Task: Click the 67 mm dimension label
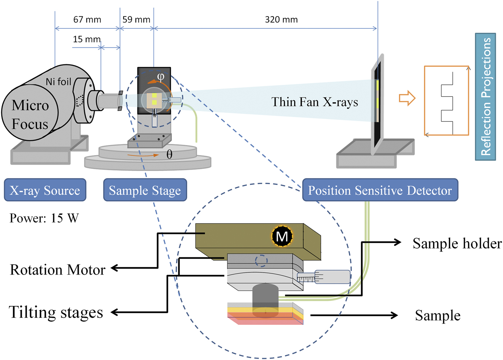click(87, 20)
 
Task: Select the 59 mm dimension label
click(136, 20)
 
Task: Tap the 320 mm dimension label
click(281, 20)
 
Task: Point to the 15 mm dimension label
click(87, 39)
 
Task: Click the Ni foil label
click(59, 82)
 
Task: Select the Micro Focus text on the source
click(30, 115)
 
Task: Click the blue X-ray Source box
click(45, 190)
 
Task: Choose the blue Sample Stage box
click(145, 190)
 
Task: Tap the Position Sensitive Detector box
click(380, 190)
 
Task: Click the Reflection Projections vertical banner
click(485, 96)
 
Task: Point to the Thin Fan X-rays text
click(314, 102)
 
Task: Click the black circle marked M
click(282, 236)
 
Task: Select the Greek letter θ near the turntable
click(169, 155)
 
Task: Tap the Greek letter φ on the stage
click(161, 76)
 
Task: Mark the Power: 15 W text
click(44, 218)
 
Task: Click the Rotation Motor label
click(57, 270)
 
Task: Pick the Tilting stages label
click(56, 312)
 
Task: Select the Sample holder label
click(457, 243)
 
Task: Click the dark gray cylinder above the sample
click(265, 296)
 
